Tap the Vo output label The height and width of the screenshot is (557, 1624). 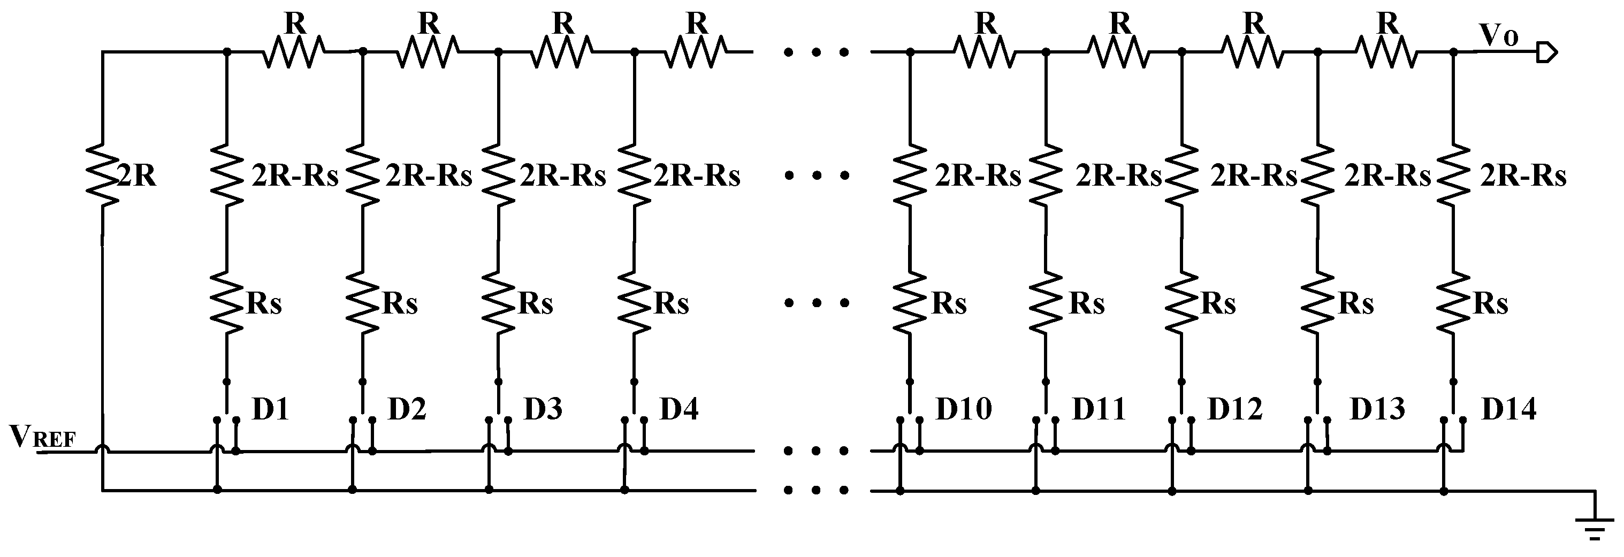click(x=1500, y=36)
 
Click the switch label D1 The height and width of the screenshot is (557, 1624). click(x=270, y=409)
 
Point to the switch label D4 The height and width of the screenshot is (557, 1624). click(x=678, y=409)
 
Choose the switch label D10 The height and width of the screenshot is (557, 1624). click(x=963, y=409)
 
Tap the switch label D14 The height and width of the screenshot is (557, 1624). click(x=1508, y=409)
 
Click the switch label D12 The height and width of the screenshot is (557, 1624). click(x=1234, y=409)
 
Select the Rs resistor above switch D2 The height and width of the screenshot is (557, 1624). click(x=363, y=303)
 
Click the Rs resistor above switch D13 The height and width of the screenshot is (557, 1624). click(x=1317, y=303)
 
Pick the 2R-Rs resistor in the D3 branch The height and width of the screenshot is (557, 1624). click(x=499, y=174)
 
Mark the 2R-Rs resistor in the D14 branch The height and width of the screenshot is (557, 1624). click(x=1454, y=174)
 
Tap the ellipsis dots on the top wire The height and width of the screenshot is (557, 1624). click(x=817, y=52)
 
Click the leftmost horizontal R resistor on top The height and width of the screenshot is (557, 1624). click(x=294, y=52)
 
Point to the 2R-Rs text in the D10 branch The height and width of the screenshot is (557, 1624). click(x=978, y=177)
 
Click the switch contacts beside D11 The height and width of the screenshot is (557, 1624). click(x=1045, y=419)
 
